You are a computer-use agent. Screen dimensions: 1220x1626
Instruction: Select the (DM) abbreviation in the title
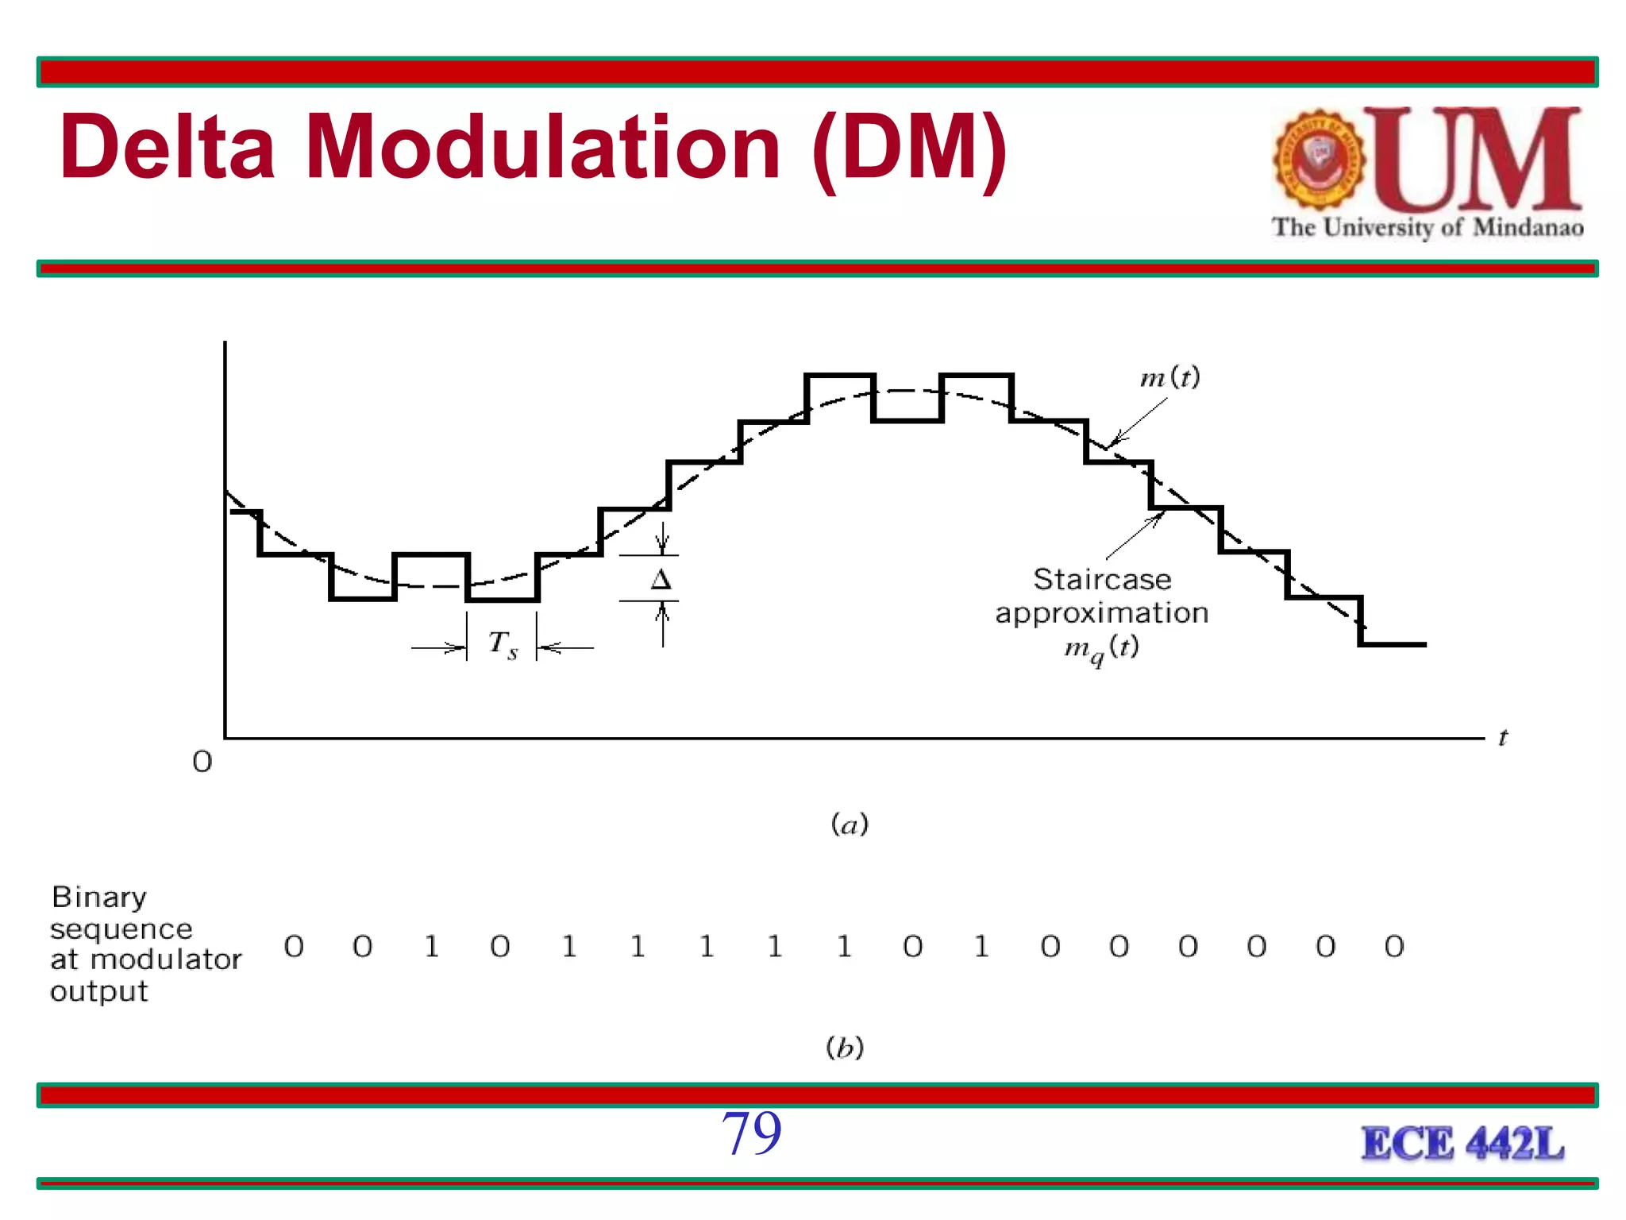tap(909, 149)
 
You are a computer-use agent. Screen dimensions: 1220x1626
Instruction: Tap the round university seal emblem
tap(1320, 160)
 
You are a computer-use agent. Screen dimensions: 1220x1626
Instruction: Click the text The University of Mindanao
tap(1428, 228)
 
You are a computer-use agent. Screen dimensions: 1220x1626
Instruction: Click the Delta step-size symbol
tap(661, 580)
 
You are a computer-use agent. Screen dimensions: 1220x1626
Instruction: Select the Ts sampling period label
tap(503, 644)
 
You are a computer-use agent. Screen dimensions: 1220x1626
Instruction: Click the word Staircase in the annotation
tap(1102, 580)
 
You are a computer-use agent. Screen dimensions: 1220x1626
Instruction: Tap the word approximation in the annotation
tap(1102, 613)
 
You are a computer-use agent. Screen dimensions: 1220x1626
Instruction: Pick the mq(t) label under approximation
tap(1102, 649)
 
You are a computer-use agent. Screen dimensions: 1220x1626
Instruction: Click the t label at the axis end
tap(1502, 739)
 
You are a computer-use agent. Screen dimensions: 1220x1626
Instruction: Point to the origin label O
tap(202, 762)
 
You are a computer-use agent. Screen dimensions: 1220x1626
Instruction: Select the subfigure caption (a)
tap(850, 824)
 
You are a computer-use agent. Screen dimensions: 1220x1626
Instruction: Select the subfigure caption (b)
tap(845, 1048)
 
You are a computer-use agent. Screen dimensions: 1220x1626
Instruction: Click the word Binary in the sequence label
tap(99, 898)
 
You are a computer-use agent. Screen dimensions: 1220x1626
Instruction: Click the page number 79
tap(751, 1133)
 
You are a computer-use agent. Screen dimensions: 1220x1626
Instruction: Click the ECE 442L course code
tap(1462, 1145)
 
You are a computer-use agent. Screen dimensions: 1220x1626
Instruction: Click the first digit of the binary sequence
tap(294, 947)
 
